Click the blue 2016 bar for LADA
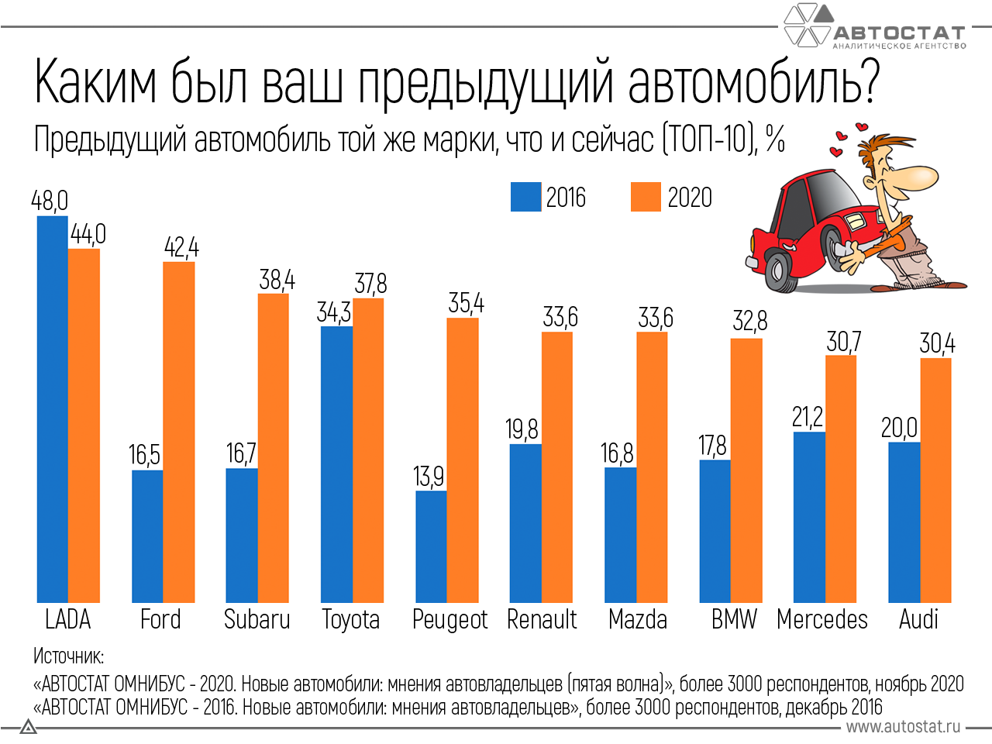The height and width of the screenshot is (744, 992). click(53, 409)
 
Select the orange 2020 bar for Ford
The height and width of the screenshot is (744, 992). click(179, 432)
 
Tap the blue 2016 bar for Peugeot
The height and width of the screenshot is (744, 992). click(431, 546)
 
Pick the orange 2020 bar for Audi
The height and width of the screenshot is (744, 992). click(936, 480)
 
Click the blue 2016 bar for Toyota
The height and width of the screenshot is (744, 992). click(336, 464)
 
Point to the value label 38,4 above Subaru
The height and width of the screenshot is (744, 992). click(277, 280)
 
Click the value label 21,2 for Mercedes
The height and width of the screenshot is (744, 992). click(808, 417)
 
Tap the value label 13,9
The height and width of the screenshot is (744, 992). click(429, 477)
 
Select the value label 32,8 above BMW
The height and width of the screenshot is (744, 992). click(750, 321)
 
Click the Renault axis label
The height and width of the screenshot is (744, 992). click(542, 619)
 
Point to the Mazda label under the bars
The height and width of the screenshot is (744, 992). click(638, 619)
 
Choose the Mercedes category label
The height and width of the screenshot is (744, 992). click(822, 619)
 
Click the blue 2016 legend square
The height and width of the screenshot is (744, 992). click(526, 197)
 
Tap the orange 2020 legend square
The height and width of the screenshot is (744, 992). click(646, 197)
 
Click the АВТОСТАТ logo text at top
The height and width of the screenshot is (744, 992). click(899, 33)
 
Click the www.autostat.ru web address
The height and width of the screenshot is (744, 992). click(903, 727)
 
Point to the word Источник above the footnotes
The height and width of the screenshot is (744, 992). click(69, 656)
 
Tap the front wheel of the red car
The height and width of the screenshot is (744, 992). click(779, 270)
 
